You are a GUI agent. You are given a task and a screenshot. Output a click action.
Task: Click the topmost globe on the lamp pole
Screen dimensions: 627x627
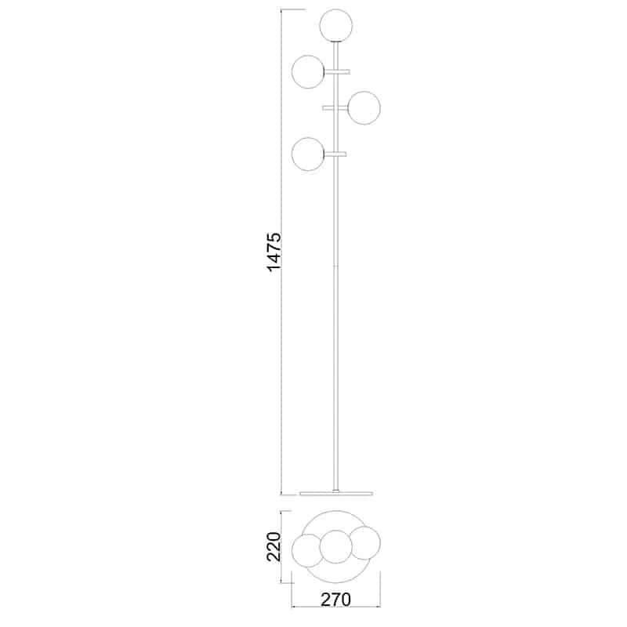coord(336,26)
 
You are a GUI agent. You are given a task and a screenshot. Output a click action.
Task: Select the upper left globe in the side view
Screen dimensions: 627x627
coord(308,71)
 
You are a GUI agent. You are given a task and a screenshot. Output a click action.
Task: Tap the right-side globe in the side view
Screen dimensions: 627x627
coord(364,108)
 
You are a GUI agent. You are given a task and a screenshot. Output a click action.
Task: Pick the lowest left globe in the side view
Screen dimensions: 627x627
coord(308,154)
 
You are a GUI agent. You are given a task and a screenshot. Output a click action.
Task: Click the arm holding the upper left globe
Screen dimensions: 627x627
coord(337,71)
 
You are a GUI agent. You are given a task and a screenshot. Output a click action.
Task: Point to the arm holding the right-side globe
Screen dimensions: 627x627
coord(335,107)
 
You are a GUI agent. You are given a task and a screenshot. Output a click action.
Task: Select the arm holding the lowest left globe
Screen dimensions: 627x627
coord(335,154)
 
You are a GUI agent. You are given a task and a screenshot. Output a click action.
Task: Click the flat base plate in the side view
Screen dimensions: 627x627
coord(336,493)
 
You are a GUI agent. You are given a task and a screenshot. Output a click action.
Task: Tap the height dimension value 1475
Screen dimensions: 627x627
coord(275,252)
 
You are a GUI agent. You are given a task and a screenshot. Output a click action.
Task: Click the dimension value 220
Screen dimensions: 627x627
coord(275,546)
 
